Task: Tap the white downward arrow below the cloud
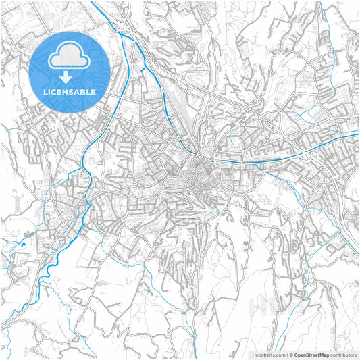[70, 77]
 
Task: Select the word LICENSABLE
[70, 91]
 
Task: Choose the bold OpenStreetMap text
[311, 354]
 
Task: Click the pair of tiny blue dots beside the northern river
[143, 68]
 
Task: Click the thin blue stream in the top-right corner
[331, 17]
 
